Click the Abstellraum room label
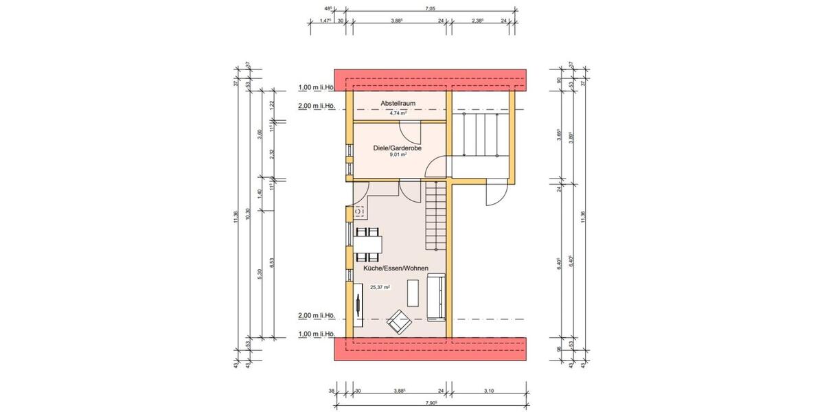click(x=398, y=104)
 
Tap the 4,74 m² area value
click(x=398, y=113)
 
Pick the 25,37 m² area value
click(x=380, y=288)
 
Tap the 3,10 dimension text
click(x=488, y=391)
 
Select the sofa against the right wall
click(x=435, y=297)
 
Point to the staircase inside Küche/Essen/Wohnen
click(x=435, y=216)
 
